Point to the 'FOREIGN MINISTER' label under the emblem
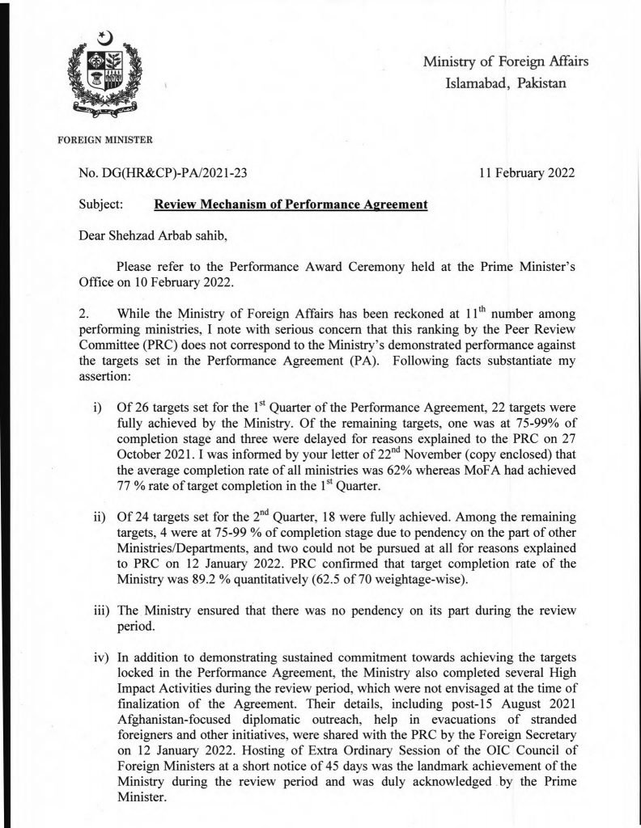(106, 139)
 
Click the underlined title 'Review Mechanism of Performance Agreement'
(290, 206)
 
